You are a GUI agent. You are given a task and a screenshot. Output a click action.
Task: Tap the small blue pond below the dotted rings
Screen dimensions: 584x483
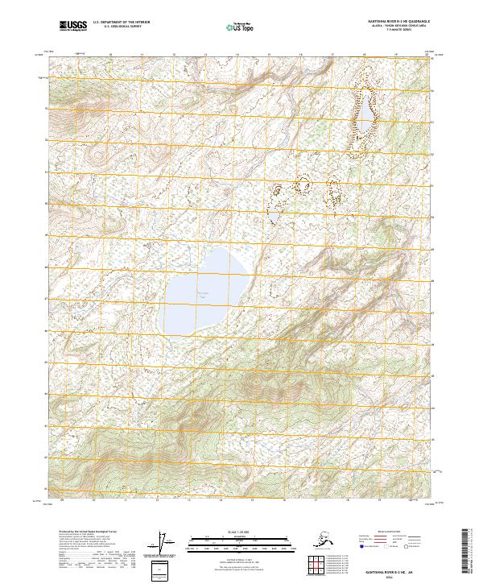[274, 217]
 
